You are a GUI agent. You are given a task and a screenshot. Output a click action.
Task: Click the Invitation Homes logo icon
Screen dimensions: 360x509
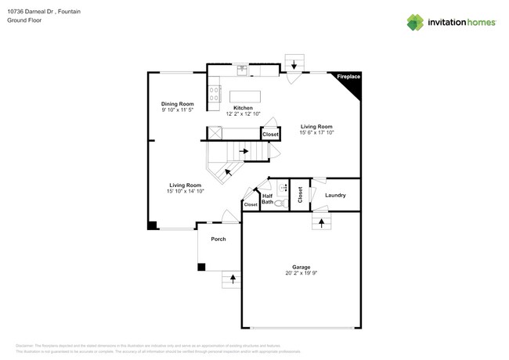tap(415, 23)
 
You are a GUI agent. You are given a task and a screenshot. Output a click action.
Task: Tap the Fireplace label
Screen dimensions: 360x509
tap(348, 77)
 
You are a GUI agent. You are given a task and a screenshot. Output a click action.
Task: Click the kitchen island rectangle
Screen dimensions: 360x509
tap(246, 95)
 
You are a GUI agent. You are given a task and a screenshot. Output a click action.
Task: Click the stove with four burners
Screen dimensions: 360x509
tap(214, 95)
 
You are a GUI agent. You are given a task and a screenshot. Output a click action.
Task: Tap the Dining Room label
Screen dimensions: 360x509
tap(177, 104)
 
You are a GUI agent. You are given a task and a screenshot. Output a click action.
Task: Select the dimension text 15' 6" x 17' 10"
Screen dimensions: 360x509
tap(316, 133)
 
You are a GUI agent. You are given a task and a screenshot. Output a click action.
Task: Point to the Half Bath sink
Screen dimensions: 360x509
tap(283, 189)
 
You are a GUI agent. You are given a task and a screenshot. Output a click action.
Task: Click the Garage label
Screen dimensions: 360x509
tap(301, 267)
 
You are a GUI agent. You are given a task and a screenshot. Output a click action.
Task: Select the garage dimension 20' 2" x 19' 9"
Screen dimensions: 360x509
tap(301, 274)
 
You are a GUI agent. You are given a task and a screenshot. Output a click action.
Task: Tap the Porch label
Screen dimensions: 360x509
tap(218, 239)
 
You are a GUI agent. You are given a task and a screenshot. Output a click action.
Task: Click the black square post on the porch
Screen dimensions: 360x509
tap(201, 267)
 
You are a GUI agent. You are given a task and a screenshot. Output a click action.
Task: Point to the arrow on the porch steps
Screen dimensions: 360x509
tap(233, 279)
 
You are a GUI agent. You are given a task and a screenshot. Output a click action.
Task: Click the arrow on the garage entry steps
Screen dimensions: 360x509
tap(320, 223)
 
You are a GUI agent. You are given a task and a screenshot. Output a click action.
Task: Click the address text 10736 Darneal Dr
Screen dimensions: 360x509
tap(31, 13)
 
